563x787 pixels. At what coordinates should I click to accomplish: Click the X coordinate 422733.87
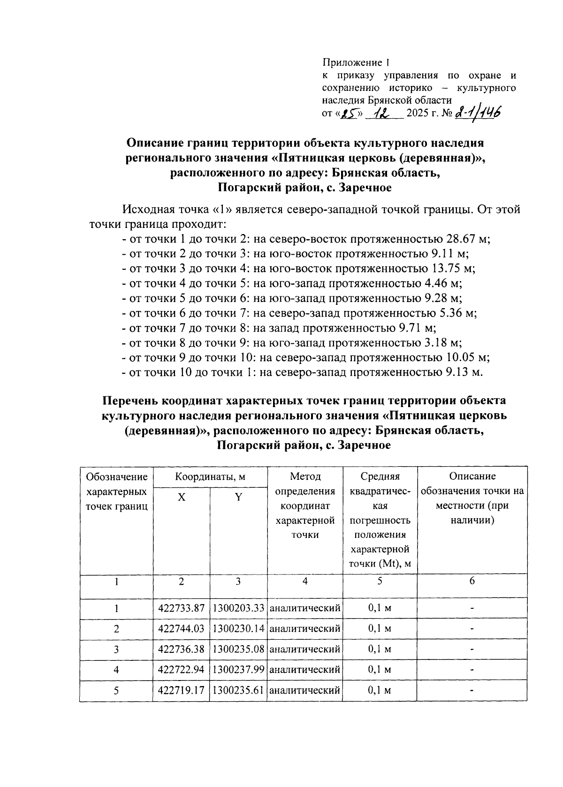[x=182, y=608]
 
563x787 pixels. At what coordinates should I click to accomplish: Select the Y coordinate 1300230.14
[x=238, y=629]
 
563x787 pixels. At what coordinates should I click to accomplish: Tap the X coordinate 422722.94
[x=182, y=670]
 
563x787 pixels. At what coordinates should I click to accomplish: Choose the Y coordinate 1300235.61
[x=238, y=690]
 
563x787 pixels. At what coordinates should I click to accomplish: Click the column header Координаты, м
[x=210, y=477]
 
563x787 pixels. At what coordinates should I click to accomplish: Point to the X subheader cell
[x=181, y=498]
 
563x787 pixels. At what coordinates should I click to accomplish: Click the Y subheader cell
[x=238, y=498]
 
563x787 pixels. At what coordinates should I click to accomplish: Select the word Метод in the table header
[x=305, y=477]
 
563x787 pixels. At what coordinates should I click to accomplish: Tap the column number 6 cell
[x=472, y=581]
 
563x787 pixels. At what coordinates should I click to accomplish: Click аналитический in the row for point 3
[x=305, y=650]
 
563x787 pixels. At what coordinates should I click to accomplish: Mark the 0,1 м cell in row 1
[x=380, y=608]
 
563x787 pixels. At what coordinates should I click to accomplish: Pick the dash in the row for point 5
[x=472, y=690]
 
